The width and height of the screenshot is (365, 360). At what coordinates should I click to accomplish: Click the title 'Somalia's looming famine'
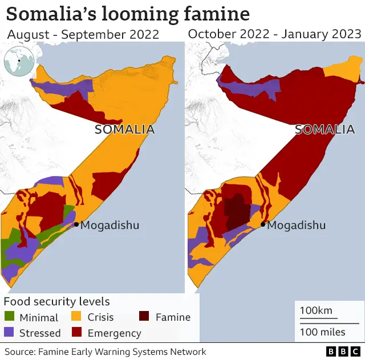coord(128,14)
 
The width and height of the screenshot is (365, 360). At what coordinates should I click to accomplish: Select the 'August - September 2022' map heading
coord(83,34)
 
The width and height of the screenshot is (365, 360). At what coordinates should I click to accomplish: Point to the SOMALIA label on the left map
coord(124,129)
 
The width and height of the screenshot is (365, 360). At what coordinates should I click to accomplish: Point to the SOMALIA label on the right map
coord(325,129)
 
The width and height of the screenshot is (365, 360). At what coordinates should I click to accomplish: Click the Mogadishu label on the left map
coord(109,225)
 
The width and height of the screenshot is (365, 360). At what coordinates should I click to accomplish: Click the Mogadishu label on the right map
coord(297,225)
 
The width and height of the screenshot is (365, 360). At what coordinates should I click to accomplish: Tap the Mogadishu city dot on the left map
coord(76,224)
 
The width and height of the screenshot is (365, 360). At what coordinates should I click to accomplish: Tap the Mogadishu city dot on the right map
coord(262,224)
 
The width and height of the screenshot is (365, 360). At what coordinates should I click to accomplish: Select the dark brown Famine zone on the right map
coord(236,211)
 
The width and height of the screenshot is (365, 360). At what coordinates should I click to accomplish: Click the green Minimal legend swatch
coord(10,317)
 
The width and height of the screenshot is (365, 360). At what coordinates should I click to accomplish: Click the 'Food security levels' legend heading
coord(57,302)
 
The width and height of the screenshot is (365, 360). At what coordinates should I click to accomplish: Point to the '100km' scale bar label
coord(316,311)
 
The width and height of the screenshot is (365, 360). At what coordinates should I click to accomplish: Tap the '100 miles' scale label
coord(322,332)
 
